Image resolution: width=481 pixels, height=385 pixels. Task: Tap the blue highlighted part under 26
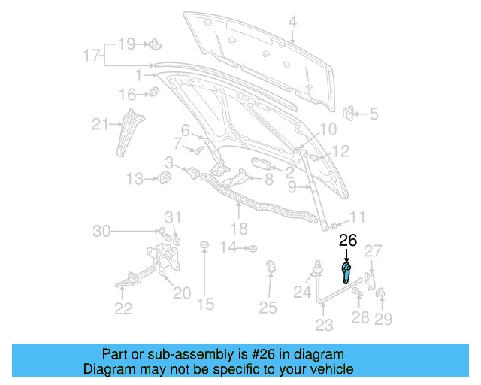click(x=346, y=273)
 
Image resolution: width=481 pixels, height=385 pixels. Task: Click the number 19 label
click(x=126, y=44)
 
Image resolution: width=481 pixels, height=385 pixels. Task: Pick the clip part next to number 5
click(x=349, y=114)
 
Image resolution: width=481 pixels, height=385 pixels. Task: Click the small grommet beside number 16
click(x=154, y=93)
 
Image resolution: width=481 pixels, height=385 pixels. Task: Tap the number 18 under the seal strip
click(x=238, y=229)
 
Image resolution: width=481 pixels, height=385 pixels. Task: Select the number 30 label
click(x=101, y=231)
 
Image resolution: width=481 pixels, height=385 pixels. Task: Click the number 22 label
click(x=123, y=308)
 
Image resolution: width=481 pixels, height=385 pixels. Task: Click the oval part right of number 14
click(x=253, y=248)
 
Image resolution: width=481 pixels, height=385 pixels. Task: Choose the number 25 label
click(x=268, y=307)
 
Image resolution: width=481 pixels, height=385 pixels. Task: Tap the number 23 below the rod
click(x=324, y=326)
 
